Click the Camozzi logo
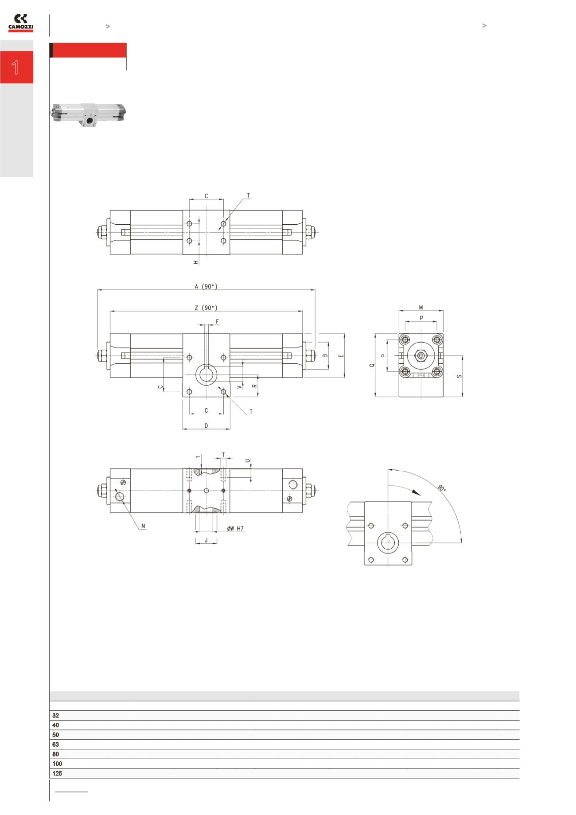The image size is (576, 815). [21, 23]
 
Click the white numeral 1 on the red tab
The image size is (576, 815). [16, 67]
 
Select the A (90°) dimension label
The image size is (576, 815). [206, 287]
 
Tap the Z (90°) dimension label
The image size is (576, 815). [206, 308]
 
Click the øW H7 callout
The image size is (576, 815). [235, 529]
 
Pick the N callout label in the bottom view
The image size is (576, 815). [143, 526]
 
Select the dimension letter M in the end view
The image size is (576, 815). [421, 308]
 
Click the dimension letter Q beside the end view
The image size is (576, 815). [372, 365]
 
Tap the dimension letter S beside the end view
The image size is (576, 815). [459, 376]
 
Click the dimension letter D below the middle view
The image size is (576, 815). [206, 426]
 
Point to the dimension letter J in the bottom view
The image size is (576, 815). [206, 541]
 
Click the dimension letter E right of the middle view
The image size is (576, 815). [341, 356]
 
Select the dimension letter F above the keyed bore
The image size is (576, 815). [217, 322]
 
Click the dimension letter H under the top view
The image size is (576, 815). [196, 262]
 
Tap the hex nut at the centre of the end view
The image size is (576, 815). [420, 356]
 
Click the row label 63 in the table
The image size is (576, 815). [55, 745]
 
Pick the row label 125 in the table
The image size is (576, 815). [57, 773]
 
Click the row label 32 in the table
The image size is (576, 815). [55, 716]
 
